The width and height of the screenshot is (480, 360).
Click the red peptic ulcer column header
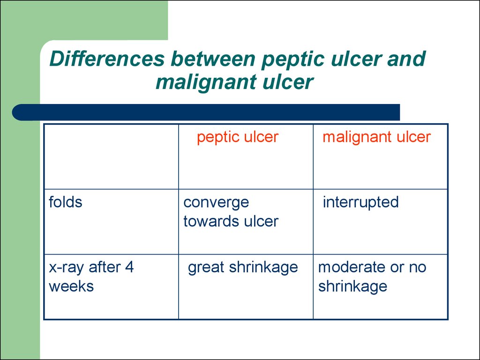coord(238,137)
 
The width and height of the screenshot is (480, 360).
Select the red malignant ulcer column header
coord(376,137)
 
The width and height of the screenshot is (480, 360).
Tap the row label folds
coord(66,202)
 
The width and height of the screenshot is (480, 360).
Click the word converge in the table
coord(216,202)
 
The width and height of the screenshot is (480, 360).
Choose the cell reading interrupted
coord(360,202)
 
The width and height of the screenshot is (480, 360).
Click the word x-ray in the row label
coord(67,268)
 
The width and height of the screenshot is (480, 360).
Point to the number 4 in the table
coord(129,267)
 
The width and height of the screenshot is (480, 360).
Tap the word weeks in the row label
coord(71,286)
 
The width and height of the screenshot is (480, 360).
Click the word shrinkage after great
coord(263,268)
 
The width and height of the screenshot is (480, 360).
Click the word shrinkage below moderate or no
coord(352,286)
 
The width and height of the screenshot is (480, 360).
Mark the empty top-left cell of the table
coord(112,157)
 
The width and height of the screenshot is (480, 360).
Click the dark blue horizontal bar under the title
coord(206,112)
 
